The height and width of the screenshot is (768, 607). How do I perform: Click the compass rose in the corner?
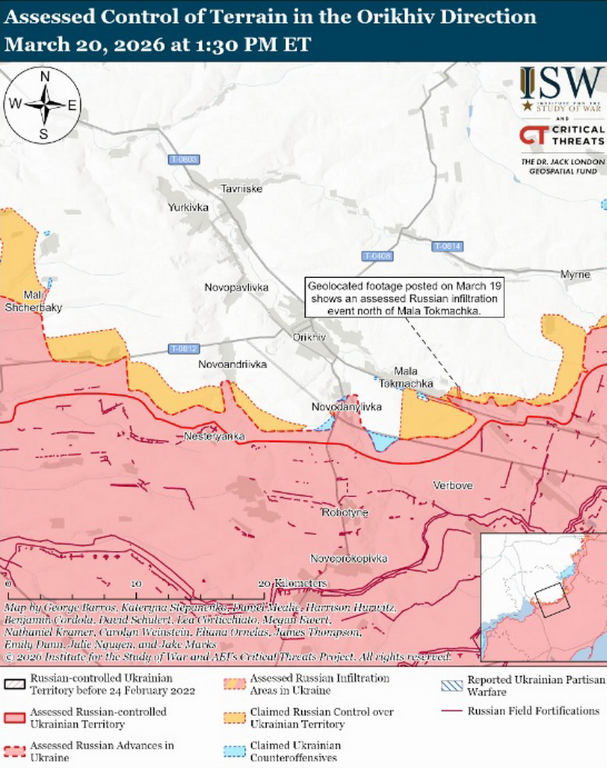pos(43,105)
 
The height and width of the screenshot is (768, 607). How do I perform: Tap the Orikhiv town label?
pos(310,337)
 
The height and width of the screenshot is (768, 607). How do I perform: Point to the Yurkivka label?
pos(188,207)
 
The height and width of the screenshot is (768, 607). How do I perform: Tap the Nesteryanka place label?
pos(214,437)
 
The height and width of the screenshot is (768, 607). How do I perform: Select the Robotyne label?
pos(345,512)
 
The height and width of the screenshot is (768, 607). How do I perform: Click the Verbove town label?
pos(452,485)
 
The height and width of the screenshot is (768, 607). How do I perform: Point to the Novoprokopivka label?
pos(349,558)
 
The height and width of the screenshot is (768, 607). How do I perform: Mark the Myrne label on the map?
pos(575,274)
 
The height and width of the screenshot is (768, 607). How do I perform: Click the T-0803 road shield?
pos(183,160)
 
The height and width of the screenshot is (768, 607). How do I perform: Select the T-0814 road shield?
pos(448,246)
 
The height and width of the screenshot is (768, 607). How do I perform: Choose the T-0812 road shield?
pos(183,348)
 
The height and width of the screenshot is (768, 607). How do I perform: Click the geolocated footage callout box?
pos(404,297)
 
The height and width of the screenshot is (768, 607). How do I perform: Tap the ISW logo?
pos(561,89)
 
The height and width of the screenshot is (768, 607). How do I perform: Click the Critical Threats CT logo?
pos(531,135)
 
